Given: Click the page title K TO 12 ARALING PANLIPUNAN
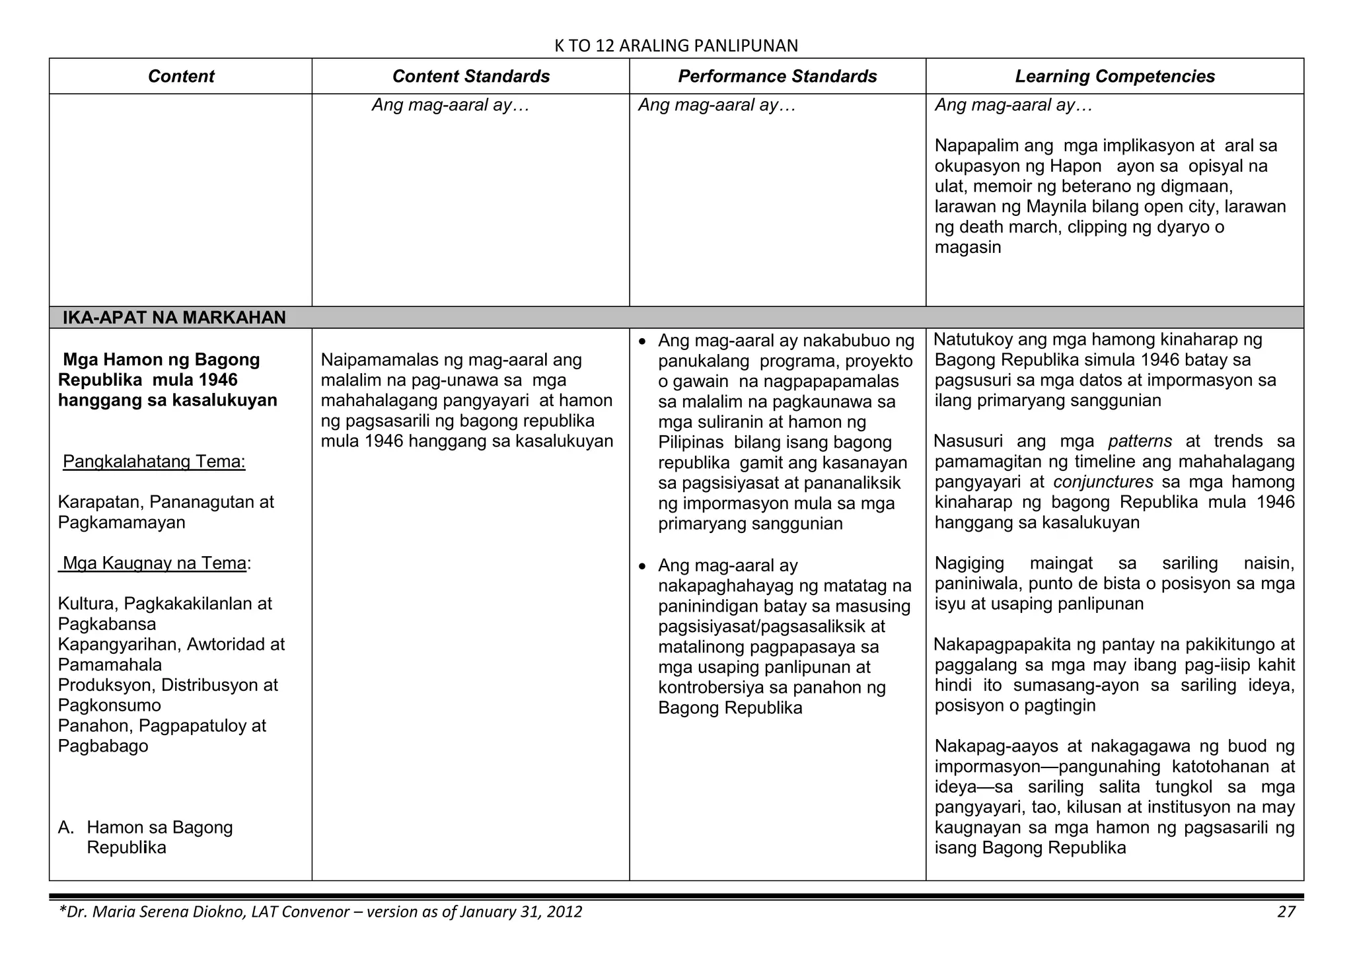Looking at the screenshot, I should click(676, 45).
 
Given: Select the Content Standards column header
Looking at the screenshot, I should click(470, 76).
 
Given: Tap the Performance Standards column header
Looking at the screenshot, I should click(777, 76).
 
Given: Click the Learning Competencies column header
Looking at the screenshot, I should click(1115, 76).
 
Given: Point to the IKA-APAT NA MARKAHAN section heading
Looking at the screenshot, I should click(174, 318).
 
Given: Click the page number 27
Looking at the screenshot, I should click(1286, 912).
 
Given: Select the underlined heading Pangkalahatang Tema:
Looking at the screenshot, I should click(154, 461).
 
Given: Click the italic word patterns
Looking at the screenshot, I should click(1140, 441).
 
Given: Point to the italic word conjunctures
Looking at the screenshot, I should click(1103, 481).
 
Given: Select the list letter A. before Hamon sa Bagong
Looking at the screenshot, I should click(65, 828).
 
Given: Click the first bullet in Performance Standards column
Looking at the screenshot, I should click(643, 342).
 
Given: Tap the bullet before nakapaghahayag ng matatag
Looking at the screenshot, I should click(643, 567).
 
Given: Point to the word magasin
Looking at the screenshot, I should click(967, 248).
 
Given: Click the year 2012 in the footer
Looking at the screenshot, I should click(564, 912).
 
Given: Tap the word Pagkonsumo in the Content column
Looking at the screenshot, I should click(109, 705).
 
